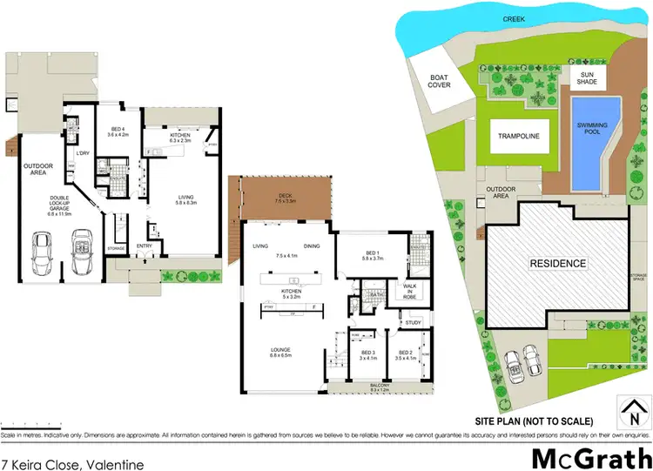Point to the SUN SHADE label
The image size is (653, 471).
592,79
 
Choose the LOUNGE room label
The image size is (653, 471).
286,351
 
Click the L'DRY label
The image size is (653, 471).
84,154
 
